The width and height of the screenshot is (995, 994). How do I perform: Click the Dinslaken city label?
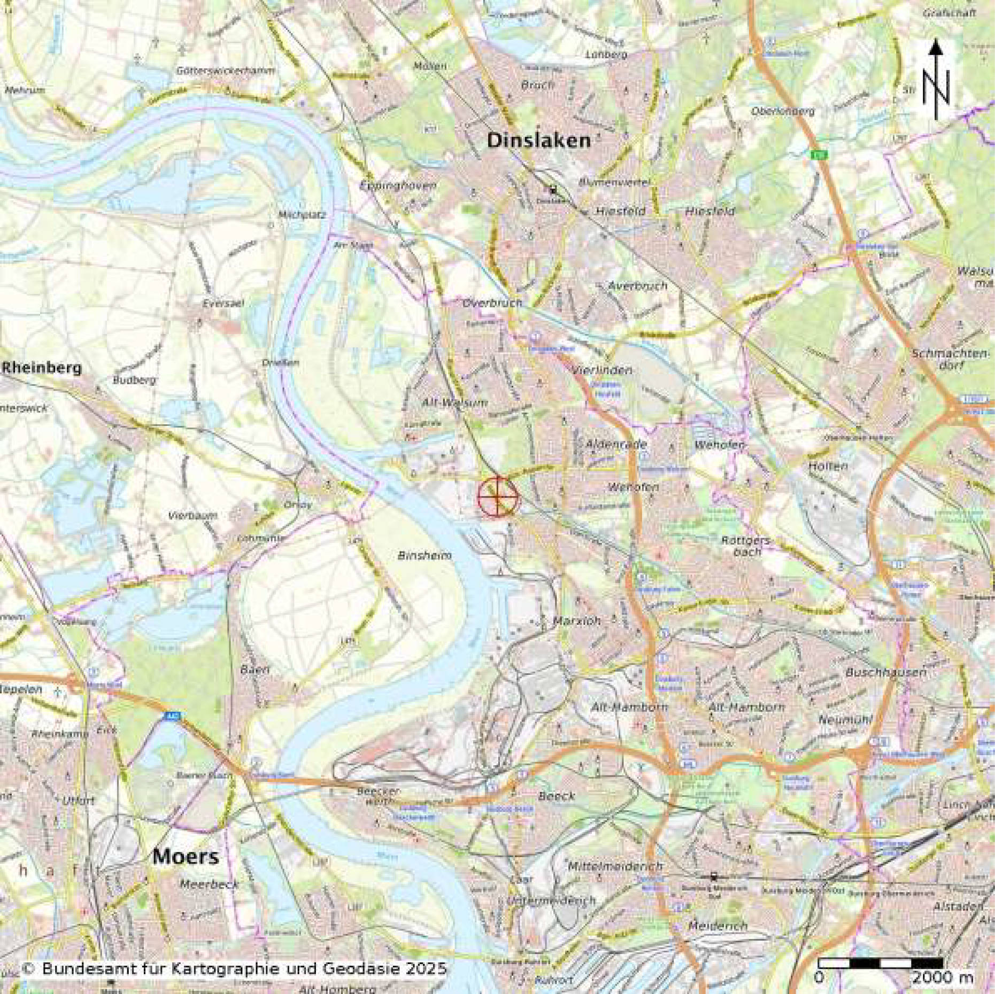click(x=539, y=141)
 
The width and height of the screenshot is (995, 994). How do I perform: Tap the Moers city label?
click(x=186, y=857)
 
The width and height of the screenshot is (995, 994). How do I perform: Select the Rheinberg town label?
click(x=43, y=368)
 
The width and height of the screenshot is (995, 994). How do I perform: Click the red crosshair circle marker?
click(x=498, y=496)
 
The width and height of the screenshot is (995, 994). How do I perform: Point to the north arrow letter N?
click(x=935, y=88)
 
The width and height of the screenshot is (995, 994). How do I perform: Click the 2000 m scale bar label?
click(x=942, y=977)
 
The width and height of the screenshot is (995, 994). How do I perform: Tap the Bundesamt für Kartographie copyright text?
click(x=234, y=968)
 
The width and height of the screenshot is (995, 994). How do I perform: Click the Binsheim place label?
click(x=425, y=556)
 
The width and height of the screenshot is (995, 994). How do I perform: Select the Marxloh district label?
click(x=576, y=621)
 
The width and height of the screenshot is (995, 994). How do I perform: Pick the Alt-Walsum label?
click(x=447, y=402)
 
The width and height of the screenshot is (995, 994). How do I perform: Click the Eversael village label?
click(x=223, y=303)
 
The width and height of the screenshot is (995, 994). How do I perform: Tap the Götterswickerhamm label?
click(x=226, y=71)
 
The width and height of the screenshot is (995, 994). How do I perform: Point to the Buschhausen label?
click(x=886, y=672)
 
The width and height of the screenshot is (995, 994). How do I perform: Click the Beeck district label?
click(x=557, y=796)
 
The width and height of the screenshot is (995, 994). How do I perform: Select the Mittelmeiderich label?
click(x=615, y=866)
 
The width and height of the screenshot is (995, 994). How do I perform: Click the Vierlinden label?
click(x=601, y=370)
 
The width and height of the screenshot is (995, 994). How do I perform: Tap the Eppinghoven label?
click(x=398, y=185)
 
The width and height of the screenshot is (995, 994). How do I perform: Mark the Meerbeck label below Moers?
click(x=209, y=884)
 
